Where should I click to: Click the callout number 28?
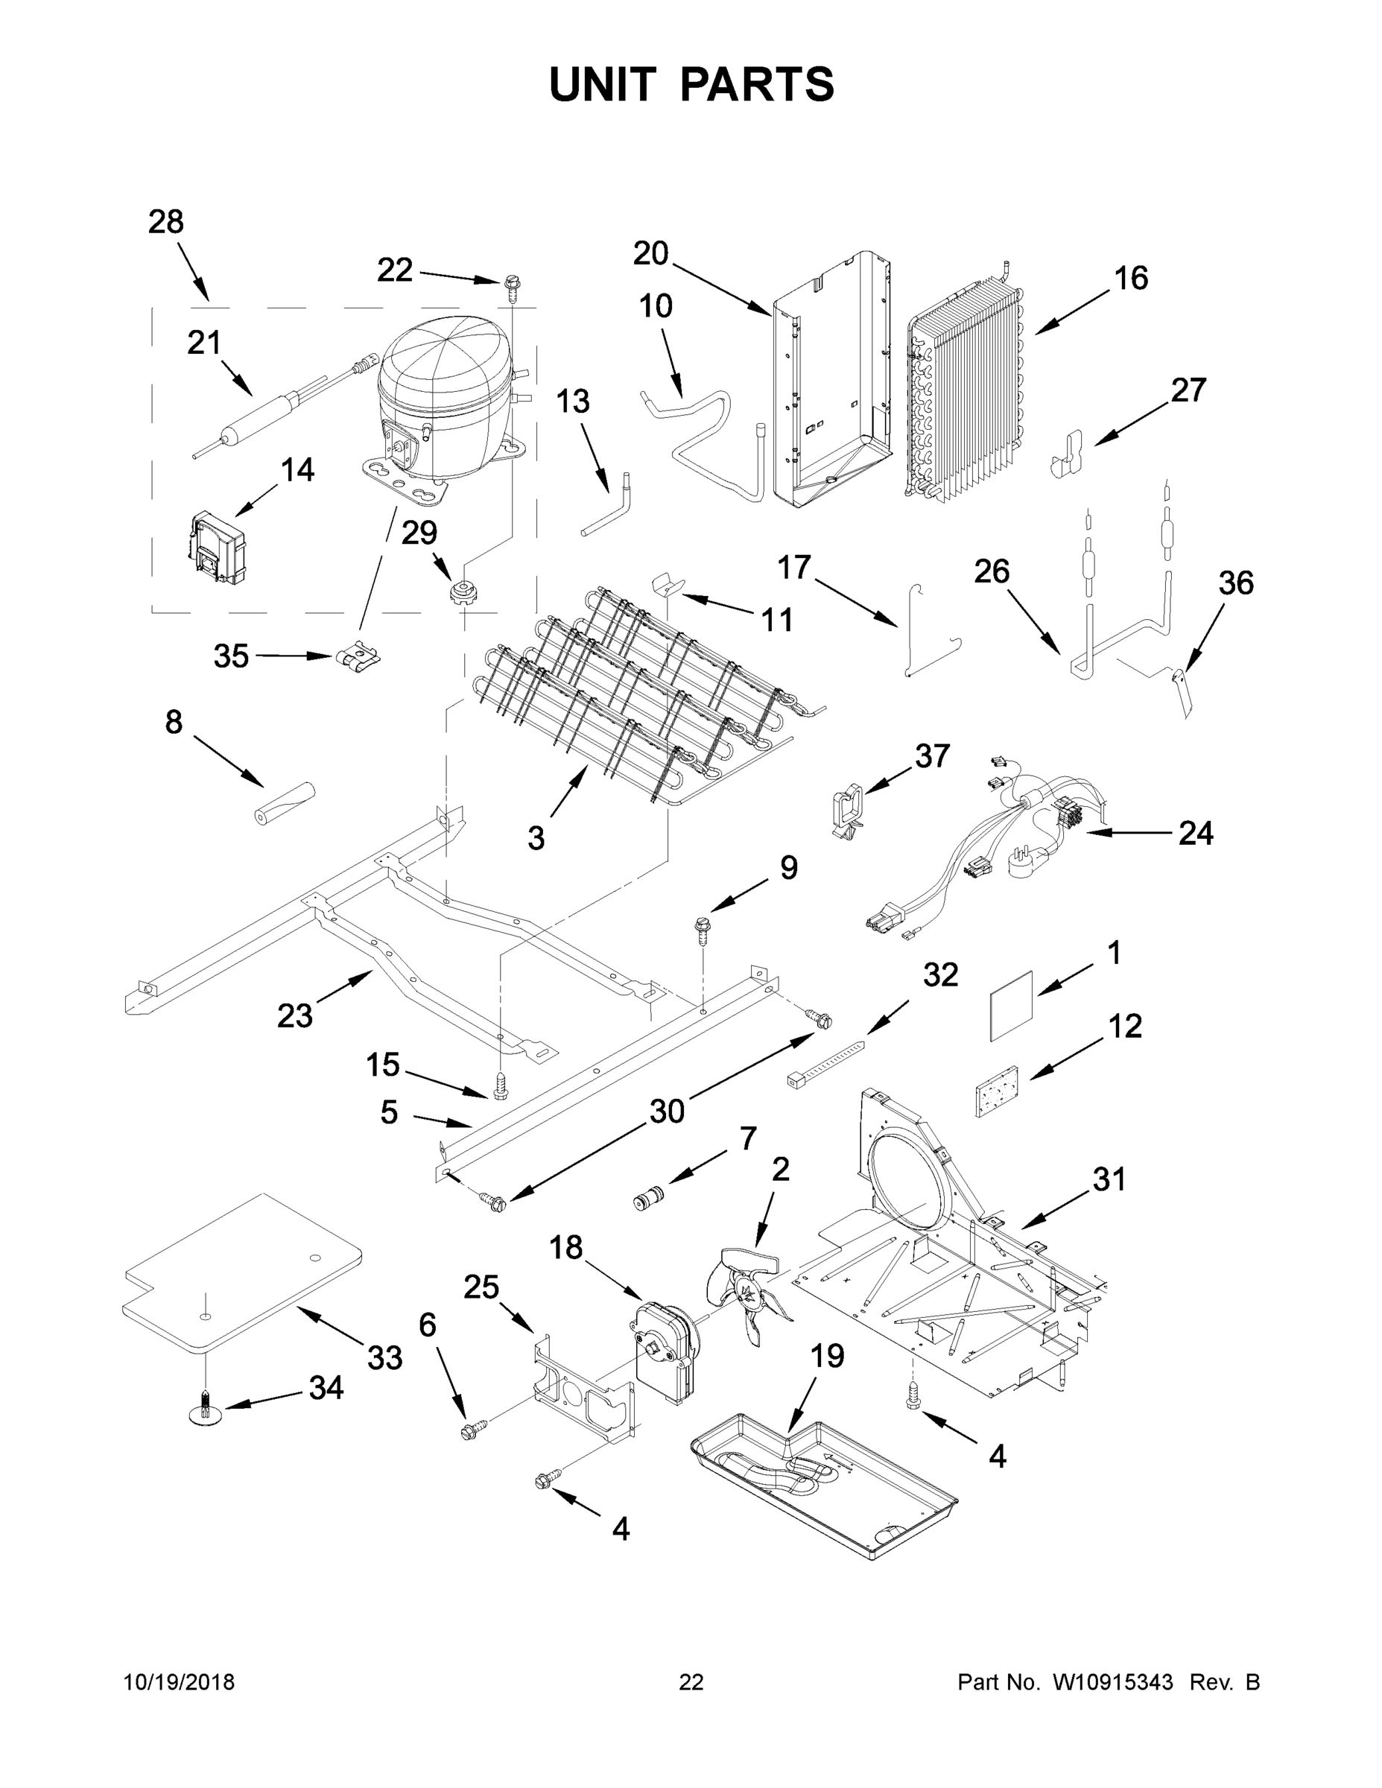pos(165,222)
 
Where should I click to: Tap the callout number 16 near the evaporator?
pos(1131,279)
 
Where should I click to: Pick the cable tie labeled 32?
pos(825,1062)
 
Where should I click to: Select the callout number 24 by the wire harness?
pos(1194,834)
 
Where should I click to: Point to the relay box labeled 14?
pos(217,547)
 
